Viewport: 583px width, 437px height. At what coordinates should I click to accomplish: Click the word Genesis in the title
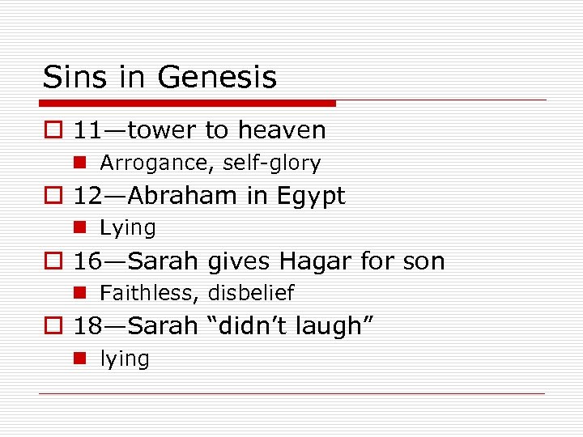point(216,78)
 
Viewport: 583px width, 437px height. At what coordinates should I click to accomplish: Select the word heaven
point(282,130)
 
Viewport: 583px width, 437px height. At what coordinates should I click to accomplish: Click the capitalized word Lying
point(127,229)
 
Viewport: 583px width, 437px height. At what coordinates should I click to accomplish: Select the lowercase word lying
point(125,359)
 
